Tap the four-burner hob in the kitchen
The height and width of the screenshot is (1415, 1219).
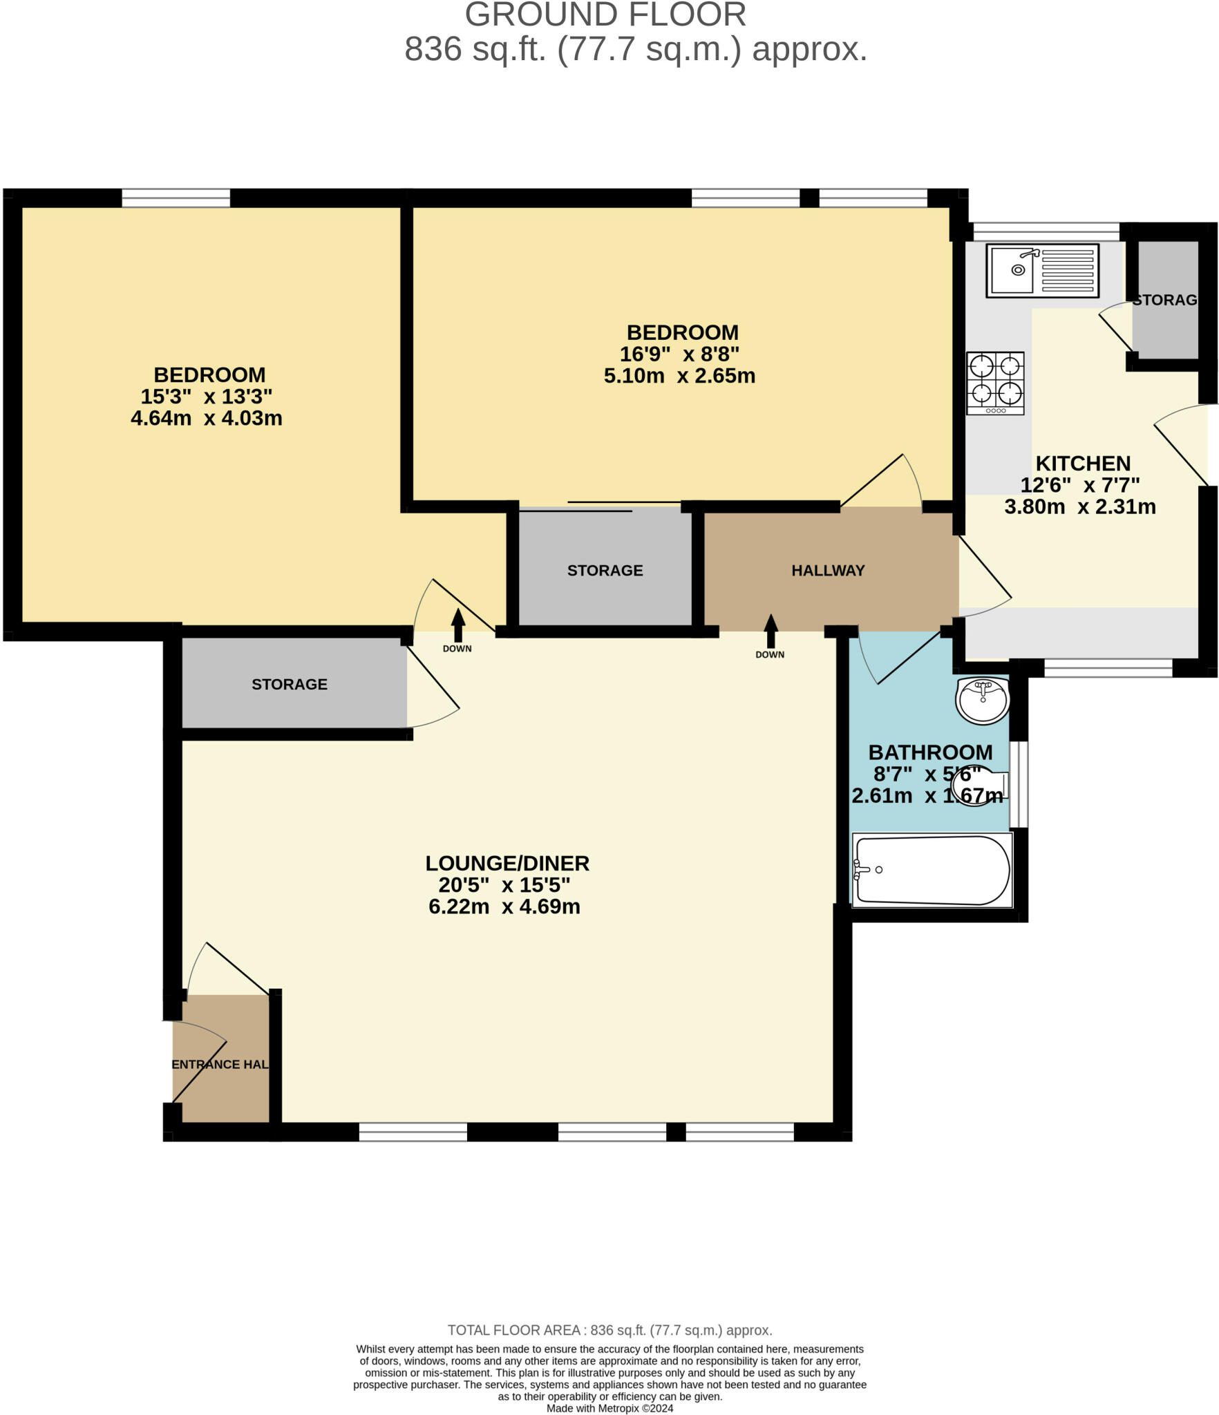(x=995, y=383)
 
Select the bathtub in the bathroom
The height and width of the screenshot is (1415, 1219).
(x=932, y=870)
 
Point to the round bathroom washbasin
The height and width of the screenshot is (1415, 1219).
(x=982, y=700)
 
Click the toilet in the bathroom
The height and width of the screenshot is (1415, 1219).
(x=979, y=786)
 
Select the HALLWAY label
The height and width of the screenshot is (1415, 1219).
(x=828, y=571)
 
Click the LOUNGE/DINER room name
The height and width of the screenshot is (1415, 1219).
(x=507, y=863)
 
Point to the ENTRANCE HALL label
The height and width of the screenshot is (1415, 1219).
(x=220, y=1065)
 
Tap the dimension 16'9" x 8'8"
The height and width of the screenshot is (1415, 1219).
(x=679, y=354)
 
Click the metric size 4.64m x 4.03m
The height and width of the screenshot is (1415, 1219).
(x=207, y=418)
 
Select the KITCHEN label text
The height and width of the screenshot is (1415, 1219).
(x=1083, y=463)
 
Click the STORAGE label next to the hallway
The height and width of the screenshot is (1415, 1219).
(x=605, y=571)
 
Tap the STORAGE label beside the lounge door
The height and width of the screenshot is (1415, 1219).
(x=289, y=684)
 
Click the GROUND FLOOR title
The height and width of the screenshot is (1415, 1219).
(x=605, y=15)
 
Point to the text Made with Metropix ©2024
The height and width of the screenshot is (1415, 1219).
(x=609, y=1408)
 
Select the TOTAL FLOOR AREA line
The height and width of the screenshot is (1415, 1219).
(x=609, y=1330)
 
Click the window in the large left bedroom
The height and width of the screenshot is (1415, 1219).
(x=176, y=198)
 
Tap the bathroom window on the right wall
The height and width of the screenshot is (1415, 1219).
(x=1019, y=784)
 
